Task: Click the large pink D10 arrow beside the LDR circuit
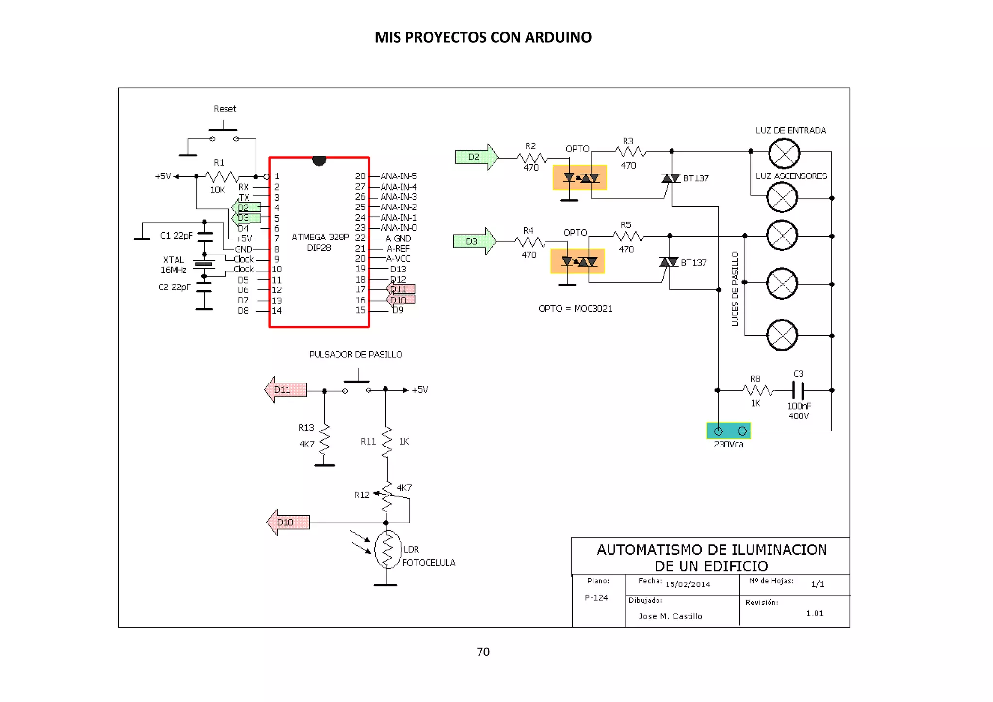click(x=288, y=522)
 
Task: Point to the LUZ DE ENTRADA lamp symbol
click(x=784, y=154)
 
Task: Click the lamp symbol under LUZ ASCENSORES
click(x=782, y=197)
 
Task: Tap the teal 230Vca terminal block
click(x=729, y=431)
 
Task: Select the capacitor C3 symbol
click(x=798, y=390)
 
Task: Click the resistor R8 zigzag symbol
click(x=757, y=390)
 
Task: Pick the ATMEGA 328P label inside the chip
click(x=320, y=237)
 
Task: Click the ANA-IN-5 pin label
click(x=399, y=176)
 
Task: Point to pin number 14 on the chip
click(x=277, y=311)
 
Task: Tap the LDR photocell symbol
click(x=387, y=549)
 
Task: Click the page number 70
click(x=483, y=652)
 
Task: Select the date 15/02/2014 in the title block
click(x=688, y=585)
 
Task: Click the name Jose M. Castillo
click(x=670, y=616)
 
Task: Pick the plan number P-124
click(x=596, y=598)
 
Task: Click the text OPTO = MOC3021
click(x=575, y=309)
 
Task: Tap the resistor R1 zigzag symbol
click(x=222, y=176)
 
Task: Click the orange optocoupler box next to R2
click(x=579, y=178)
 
